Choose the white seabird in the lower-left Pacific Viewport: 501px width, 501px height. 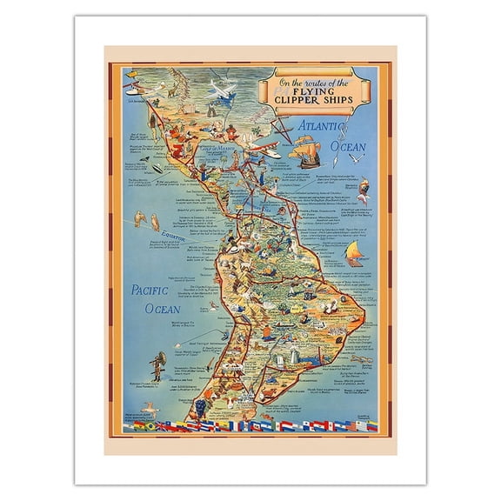click(x=150, y=407)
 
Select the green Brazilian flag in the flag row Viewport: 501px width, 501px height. click(x=139, y=426)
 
